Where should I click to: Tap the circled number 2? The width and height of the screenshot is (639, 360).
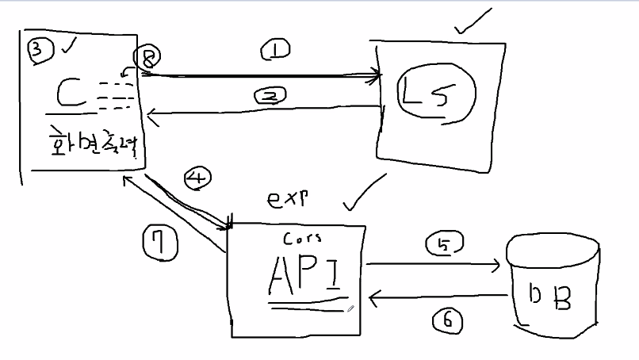[270, 96]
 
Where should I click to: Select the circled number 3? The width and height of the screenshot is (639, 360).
[40, 50]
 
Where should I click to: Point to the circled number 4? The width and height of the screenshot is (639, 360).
[196, 178]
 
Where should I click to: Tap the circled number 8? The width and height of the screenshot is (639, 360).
[147, 57]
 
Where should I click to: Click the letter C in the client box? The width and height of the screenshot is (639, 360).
[72, 94]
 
